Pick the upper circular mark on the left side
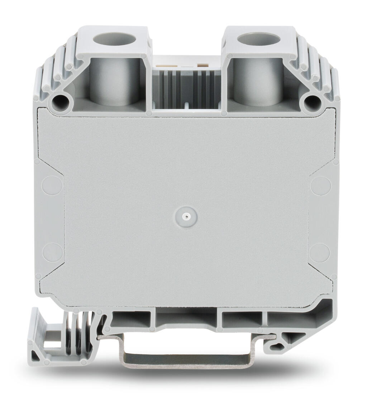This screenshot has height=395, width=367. click(x=52, y=185)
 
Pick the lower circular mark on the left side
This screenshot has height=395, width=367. click(x=52, y=252)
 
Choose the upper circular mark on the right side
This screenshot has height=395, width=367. click(x=320, y=185)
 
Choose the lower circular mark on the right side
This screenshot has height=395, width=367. click(x=320, y=252)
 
